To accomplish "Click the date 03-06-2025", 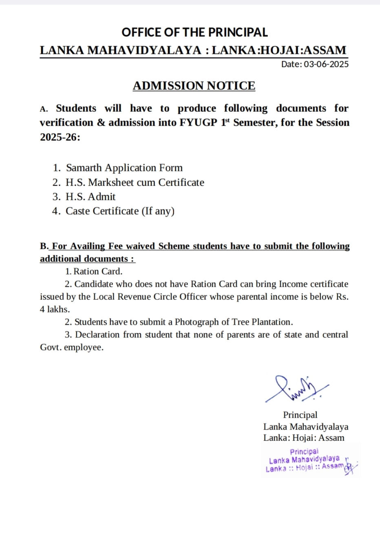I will [x=326, y=64].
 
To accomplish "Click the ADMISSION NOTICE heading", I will [x=194, y=86].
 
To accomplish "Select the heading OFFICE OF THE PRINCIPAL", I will [x=194, y=32].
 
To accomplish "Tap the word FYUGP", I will [x=198, y=123].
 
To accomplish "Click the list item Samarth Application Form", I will [x=124, y=168].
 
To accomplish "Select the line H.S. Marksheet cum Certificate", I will [x=135, y=182].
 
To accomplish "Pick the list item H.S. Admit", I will [x=91, y=197].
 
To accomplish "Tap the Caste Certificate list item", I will [x=120, y=211].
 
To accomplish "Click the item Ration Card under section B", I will [x=98, y=271].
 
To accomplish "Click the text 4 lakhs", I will [x=55, y=309].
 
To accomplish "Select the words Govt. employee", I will [x=71, y=347].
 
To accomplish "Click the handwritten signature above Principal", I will [x=296, y=388].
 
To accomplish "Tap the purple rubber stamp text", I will [x=305, y=460].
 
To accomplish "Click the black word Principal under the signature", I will [x=300, y=415].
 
